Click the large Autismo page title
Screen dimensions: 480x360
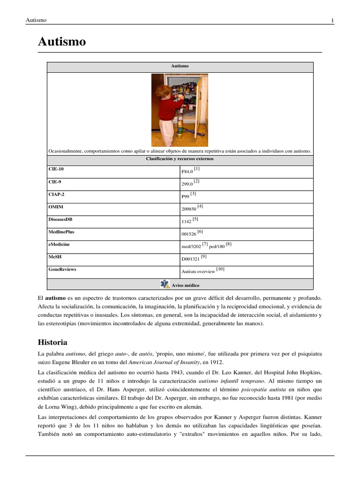[x=61, y=42]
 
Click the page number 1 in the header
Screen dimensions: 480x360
[x=332, y=20]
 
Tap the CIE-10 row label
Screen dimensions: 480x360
[x=56, y=169]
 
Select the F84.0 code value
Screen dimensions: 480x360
[x=187, y=172]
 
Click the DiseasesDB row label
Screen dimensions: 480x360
[x=60, y=219]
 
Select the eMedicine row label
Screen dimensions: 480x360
[x=59, y=244]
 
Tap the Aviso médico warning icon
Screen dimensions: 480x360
[x=165, y=284]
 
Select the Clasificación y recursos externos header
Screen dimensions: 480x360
[x=180, y=159]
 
